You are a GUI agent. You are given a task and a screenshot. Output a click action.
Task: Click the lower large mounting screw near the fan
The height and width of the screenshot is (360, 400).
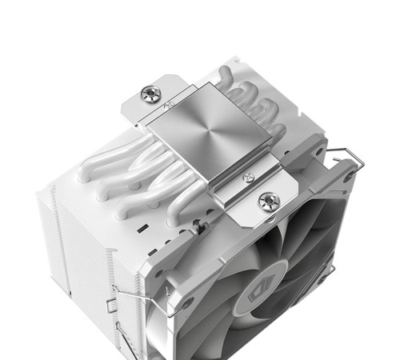pos(264,198)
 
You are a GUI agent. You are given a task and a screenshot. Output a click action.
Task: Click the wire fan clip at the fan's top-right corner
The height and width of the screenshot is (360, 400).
pos(340,151)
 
